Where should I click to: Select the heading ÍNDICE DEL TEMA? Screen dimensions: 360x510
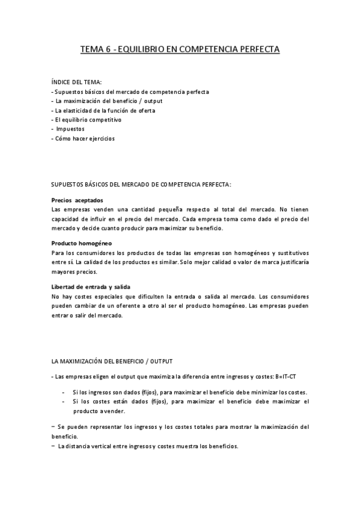[x=76, y=82]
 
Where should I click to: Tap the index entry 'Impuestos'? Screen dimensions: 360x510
[x=70, y=129]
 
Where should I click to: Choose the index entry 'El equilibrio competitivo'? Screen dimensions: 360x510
[x=87, y=120]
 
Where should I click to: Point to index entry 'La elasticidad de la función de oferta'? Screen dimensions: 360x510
[x=103, y=111]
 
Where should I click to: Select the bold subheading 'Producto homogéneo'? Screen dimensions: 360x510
[x=82, y=243]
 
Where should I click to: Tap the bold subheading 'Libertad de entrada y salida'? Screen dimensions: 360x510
[x=91, y=287]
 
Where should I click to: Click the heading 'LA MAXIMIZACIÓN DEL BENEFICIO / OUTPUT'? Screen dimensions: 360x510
[x=112, y=361]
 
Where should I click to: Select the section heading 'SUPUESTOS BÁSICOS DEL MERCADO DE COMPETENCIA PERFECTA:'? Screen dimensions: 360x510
[x=141, y=183]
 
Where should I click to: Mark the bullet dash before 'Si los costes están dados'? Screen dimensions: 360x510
[x=64, y=401]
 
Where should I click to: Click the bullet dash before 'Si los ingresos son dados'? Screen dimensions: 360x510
[x=64, y=392]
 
